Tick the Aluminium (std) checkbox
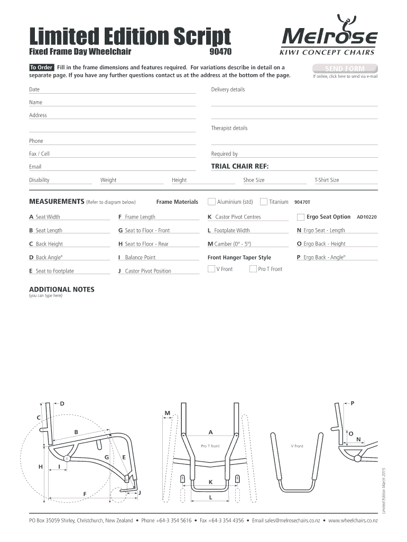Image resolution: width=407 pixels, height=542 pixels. point(211,202)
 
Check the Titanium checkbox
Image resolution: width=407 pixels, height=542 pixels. point(264,202)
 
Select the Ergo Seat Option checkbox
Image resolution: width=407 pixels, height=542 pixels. point(300,217)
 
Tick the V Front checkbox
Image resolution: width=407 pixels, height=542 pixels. point(211,269)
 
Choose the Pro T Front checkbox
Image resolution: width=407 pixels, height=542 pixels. point(253,269)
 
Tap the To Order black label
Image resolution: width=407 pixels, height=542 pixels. point(41,68)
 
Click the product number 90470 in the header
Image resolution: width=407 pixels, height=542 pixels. point(221,52)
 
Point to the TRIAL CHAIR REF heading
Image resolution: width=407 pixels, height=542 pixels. point(240,167)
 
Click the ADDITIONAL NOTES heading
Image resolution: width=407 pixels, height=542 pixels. point(62,290)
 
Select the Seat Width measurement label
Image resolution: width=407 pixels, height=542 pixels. point(48,217)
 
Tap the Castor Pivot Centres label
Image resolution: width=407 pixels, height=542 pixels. point(238,217)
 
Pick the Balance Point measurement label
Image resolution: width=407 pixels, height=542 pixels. point(140,258)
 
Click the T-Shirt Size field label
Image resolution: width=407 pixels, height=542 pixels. point(327,180)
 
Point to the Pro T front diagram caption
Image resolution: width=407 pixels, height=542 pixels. point(210,446)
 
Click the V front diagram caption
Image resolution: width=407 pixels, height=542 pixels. point(297,446)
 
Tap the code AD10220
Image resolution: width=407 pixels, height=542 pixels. point(367,217)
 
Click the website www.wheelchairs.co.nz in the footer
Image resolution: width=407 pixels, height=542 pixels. point(353,521)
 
